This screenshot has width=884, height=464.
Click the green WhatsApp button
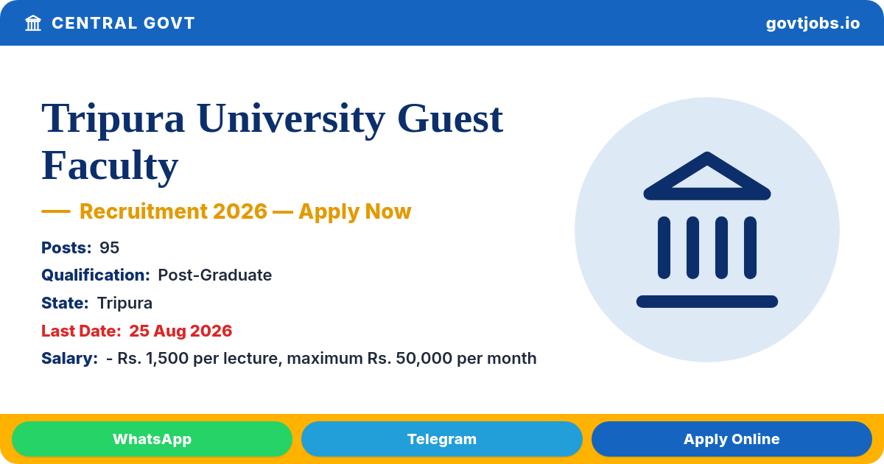pos(152,439)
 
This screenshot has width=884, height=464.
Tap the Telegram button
pos(441,439)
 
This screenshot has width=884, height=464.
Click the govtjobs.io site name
pos(813,24)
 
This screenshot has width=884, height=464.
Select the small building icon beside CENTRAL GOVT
pos(33,23)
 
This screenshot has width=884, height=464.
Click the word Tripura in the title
pos(113,119)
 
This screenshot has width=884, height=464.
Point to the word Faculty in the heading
pos(110,166)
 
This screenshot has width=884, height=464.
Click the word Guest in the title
pos(450,119)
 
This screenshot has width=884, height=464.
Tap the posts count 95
pos(109,247)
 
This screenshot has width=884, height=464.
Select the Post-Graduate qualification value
pos(214,275)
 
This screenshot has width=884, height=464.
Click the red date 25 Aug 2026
pos(180,331)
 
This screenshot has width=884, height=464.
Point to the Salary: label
pos(69,358)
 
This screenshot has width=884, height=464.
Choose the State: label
pos(65,303)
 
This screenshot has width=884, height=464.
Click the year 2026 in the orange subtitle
pos(240,211)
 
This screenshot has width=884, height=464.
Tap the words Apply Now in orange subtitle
pos(355,211)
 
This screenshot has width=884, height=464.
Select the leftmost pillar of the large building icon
pos(664,247)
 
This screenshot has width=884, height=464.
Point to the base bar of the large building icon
pos(707,301)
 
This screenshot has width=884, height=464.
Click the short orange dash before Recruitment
pos(56,211)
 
